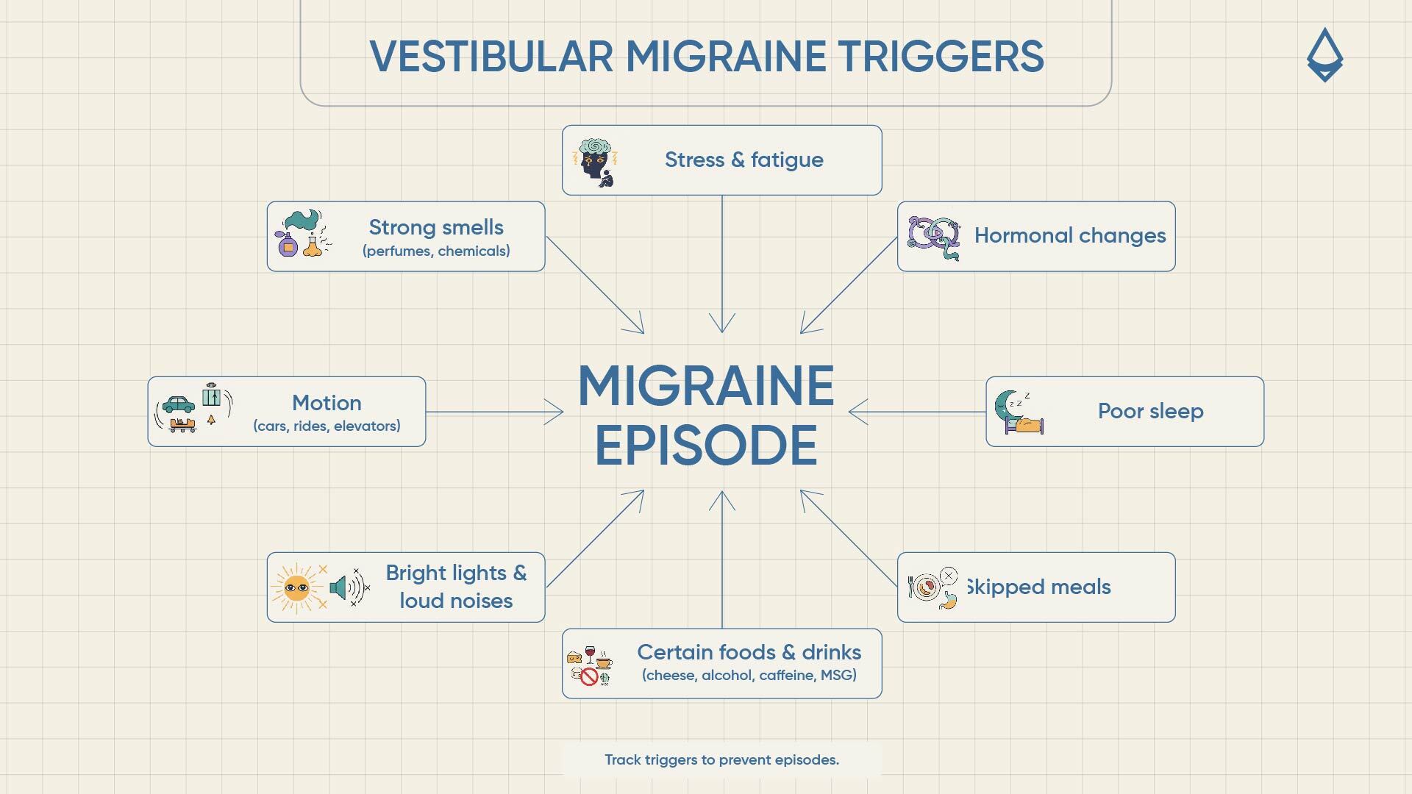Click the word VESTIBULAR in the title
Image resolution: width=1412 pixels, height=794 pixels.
point(491,57)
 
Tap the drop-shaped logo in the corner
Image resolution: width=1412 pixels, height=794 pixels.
point(1324,55)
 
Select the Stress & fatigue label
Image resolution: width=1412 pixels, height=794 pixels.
point(744,160)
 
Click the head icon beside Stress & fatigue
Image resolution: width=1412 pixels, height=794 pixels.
point(595,162)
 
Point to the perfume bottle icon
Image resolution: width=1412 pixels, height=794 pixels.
point(288,243)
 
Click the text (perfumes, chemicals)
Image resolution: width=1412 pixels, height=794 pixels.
point(436,251)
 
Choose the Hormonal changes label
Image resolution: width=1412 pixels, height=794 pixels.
point(1070,236)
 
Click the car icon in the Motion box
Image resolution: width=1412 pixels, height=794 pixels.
point(179,404)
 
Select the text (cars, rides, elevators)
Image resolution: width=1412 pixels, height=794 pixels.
point(327,426)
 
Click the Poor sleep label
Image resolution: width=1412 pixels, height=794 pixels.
point(1150,411)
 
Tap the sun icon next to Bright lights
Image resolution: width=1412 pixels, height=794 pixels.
point(297,587)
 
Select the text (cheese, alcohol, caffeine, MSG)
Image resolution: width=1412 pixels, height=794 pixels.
point(749,675)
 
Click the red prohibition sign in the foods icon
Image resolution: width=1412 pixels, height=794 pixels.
point(589,676)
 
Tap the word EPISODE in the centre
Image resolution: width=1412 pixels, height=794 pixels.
point(706,446)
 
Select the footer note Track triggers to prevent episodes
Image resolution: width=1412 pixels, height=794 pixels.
point(721,759)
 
